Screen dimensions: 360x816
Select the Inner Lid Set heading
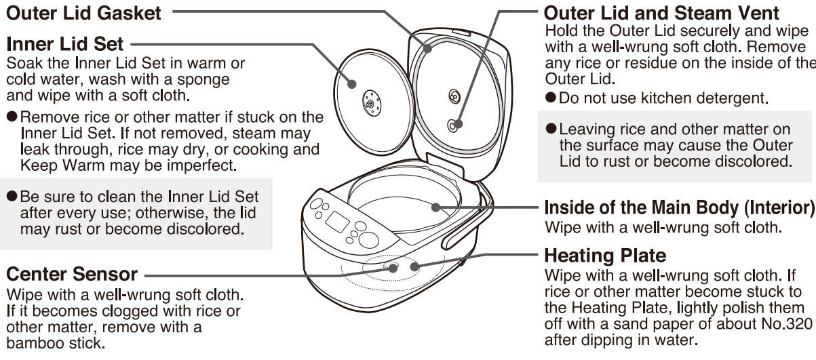point(64,45)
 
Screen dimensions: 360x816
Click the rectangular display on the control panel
point(337,222)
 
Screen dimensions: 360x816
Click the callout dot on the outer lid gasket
point(427,47)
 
